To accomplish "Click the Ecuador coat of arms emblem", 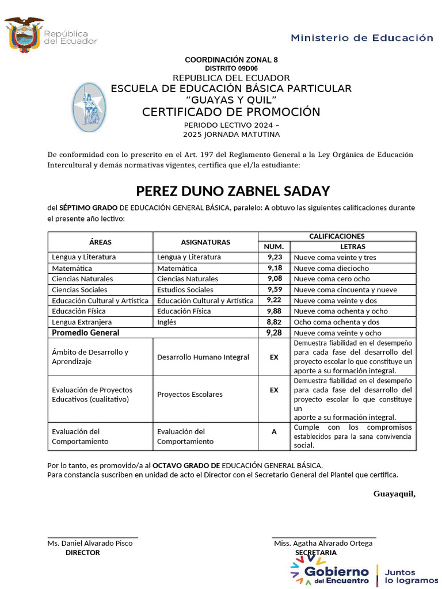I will tap(24, 35).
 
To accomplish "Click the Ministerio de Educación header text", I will tap(361, 38).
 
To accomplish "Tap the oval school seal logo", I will tap(89, 105).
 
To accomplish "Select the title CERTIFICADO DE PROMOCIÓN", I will tap(231, 112).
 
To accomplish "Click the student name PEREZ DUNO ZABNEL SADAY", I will tap(233, 191).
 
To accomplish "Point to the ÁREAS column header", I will tap(100, 242).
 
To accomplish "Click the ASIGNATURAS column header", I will tap(205, 242).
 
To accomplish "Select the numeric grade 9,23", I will tap(275, 258).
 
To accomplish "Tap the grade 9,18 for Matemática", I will tap(275, 268).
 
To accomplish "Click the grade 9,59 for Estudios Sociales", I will tap(275, 290).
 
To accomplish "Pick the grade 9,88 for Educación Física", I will tap(275, 311).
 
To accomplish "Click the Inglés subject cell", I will tap(167, 322).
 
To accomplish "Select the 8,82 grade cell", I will tap(275, 322).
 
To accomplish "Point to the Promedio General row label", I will tap(86, 333).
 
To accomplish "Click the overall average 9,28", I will tap(275, 333).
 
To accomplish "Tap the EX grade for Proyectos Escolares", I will tap(274, 390).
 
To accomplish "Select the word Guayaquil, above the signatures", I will tap(394, 494).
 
